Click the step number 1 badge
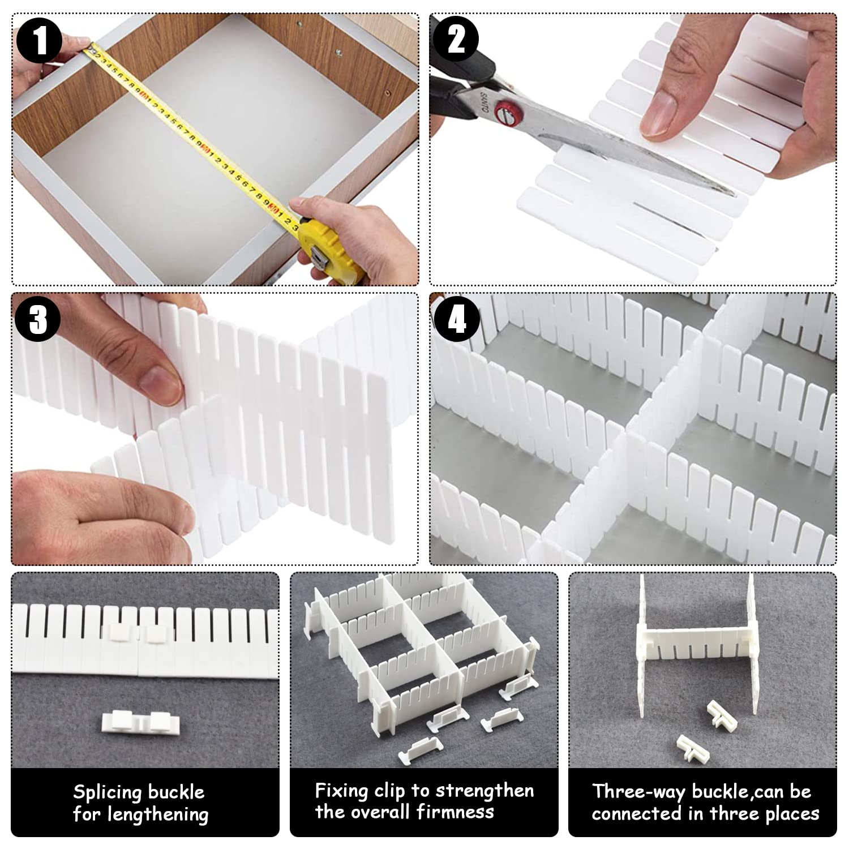(x=40, y=40)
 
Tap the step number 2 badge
(x=457, y=40)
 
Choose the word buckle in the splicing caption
(x=176, y=792)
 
